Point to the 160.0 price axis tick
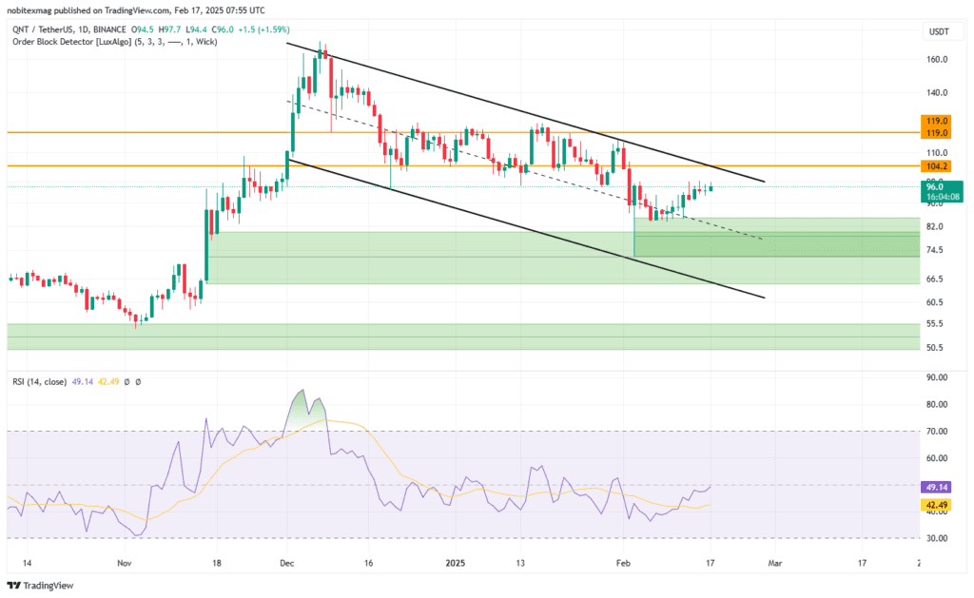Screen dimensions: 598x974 click(936, 59)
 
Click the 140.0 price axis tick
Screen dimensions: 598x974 click(936, 93)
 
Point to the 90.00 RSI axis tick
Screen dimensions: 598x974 click(936, 377)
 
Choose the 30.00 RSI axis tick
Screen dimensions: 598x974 click(936, 538)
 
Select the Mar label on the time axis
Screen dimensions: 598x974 click(774, 563)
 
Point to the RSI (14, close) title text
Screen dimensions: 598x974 click(37, 381)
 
